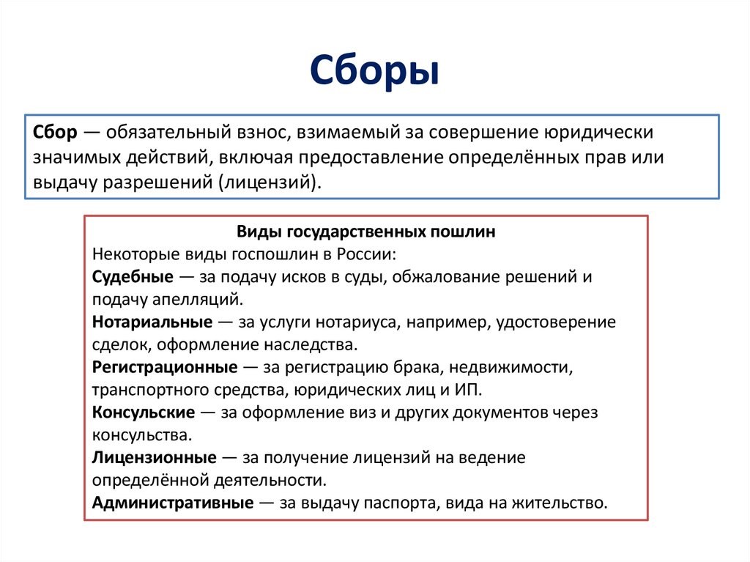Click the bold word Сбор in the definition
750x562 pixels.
pyautogui.click(x=54, y=134)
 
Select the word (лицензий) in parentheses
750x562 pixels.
pyautogui.click(x=269, y=182)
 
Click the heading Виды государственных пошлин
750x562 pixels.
pyautogui.click(x=366, y=232)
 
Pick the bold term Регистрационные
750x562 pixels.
pyautogui.click(x=165, y=367)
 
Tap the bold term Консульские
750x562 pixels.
pyautogui.click(x=144, y=413)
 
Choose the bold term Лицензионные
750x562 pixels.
pyautogui.click(x=155, y=458)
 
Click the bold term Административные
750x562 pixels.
pyautogui.click(x=173, y=503)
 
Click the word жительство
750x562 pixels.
pyautogui.click(x=563, y=503)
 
